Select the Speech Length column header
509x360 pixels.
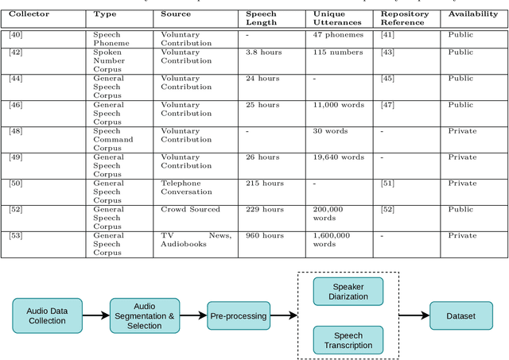click(261, 18)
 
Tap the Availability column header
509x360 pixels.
click(473, 14)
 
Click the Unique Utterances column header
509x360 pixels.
click(335, 18)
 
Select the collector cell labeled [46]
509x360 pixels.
click(16, 105)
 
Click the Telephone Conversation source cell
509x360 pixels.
click(187, 187)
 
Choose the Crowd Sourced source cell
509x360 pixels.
click(190, 209)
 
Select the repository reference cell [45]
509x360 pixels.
click(387, 79)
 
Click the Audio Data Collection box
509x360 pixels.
click(47, 315)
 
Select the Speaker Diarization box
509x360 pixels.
click(348, 291)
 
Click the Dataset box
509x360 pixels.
click(460, 315)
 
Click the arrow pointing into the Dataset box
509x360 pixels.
click(413, 315)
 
